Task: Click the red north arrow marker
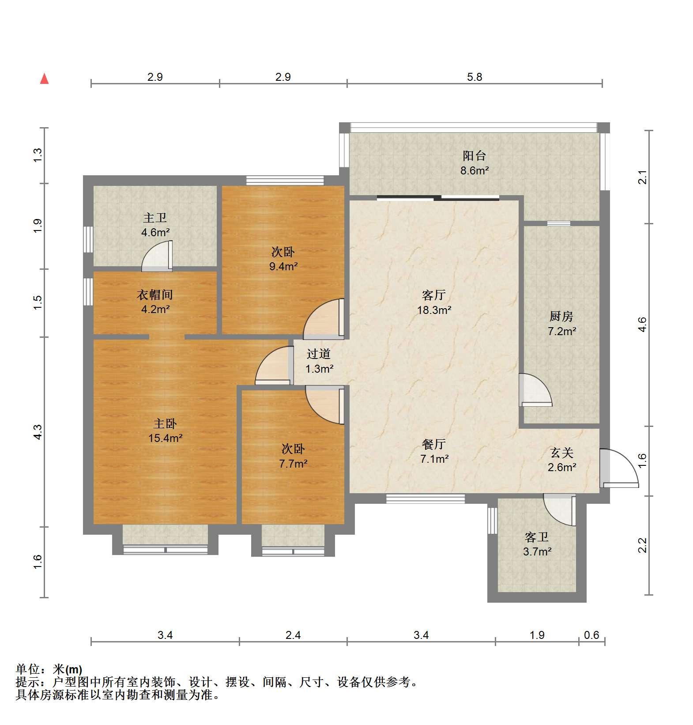click(x=44, y=79)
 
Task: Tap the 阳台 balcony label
click(x=475, y=155)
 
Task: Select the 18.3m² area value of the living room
click(x=434, y=310)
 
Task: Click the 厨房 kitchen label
click(x=561, y=316)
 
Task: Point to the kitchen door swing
click(x=535, y=390)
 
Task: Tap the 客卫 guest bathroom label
click(x=537, y=537)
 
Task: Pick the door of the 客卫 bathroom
click(x=560, y=510)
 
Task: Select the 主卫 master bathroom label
click(x=155, y=218)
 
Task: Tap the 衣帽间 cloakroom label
click(x=154, y=295)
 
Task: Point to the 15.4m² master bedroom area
click(x=166, y=438)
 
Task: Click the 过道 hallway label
click(x=319, y=354)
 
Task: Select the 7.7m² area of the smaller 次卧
click(x=293, y=464)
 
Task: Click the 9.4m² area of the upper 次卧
click(x=283, y=266)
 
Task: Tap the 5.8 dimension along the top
click(x=475, y=77)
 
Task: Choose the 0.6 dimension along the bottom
click(x=591, y=635)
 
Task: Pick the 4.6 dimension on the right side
click(x=643, y=325)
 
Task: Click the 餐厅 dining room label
click(x=434, y=444)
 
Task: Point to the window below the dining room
click(x=426, y=499)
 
